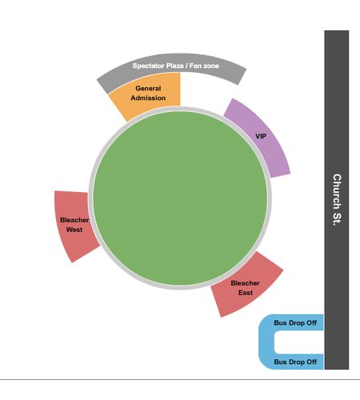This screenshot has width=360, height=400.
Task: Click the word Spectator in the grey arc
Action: [148, 66]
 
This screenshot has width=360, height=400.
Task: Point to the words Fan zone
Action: [204, 66]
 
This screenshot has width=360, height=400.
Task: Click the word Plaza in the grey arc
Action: [175, 66]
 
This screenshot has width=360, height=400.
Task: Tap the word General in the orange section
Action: [148, 88]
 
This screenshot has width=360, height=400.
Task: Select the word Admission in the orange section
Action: [148, 98]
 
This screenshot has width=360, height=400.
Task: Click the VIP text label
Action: [261, 136]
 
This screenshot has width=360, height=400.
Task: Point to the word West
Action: [74, 230]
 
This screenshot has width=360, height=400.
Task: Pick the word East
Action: [246, 293]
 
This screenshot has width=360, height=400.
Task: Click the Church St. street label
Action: [337, 200]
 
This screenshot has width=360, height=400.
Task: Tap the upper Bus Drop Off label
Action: [295, 323]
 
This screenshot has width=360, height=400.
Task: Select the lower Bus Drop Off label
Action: [295, 362]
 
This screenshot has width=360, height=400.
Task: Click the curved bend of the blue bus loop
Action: [266, 342]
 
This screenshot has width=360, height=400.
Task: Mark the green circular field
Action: [180, 198]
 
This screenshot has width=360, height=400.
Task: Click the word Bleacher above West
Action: [74, 220]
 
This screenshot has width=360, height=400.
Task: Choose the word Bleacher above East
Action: [245, 283]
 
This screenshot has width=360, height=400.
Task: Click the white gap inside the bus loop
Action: [298, 342]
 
